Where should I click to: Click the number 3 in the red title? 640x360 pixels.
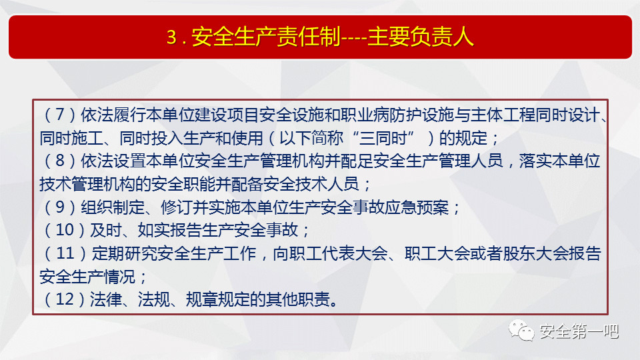[x=171, y=37]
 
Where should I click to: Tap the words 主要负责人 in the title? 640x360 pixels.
[x=421, y=37]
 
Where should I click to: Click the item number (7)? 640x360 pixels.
[x=59, y=115]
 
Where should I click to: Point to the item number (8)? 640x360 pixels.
[x=59, y=161]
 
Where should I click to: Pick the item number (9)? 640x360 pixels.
[x=59, y=207]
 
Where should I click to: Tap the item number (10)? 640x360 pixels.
[x=64, y=230]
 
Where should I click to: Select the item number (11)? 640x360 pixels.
[x=65, y=253]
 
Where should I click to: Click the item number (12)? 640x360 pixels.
[x=64, y=299]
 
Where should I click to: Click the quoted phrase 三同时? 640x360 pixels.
[x=383, y=138]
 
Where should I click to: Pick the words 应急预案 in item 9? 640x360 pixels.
[x=417, y=207]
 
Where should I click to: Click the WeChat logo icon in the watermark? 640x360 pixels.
[x=521, y=330]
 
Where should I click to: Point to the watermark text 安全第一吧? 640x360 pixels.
[x=579, y=331]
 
